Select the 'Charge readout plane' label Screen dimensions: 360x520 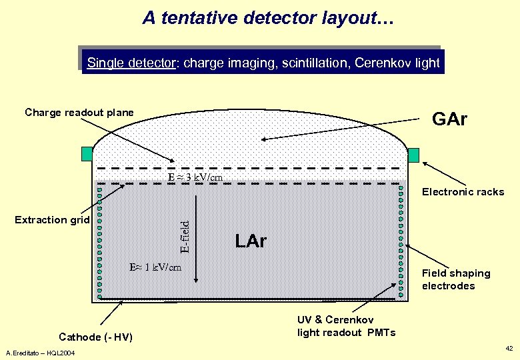click(x=79, y=113)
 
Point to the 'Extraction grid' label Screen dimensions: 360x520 click(x=52, y=220)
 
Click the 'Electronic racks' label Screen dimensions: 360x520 click(x=463, y=192)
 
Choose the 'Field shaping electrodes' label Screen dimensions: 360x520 click(x=456, y=279)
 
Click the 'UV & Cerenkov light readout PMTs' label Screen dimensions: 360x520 click(x=347, y=326)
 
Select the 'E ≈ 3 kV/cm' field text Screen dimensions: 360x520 click(x=195, y=177)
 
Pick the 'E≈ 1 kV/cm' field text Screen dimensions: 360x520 click(x=155, y=267)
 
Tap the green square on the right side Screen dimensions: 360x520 click(x=413, y=155)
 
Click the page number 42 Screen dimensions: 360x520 click(x=509, y=348)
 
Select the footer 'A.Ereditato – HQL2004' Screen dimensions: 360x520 click(x=39, y=352)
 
